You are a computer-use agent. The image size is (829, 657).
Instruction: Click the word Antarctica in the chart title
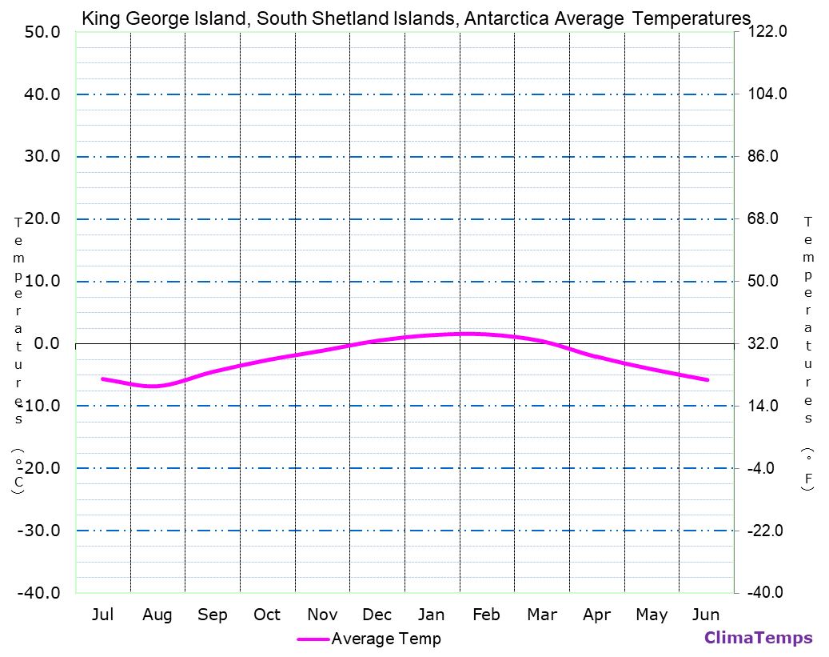(x=505, y=18)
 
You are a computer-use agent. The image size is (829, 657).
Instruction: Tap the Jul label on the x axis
(x=102, y=615)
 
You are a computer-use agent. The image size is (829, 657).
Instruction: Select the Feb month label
(x=486, y=615)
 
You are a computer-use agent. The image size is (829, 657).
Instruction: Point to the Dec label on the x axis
(x=377, y=615)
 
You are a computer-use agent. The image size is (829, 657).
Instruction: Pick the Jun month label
(x=705, y=615)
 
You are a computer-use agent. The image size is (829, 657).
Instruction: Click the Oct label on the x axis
(x=267, y=615)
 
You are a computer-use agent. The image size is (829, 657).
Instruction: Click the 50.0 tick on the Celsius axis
(x=42, y=32)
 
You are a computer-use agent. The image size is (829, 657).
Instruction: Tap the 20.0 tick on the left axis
(x=42, y=219)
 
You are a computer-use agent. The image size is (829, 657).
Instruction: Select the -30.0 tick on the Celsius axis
(x=40, y=531)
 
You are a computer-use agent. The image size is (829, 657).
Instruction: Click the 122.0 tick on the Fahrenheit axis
(x=767, y=32)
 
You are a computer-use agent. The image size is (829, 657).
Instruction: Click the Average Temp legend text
(x=386, y=639)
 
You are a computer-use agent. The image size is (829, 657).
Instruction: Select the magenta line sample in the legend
(x=313, y=639)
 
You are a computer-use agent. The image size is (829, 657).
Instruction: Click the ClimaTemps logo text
(x=758, y=638)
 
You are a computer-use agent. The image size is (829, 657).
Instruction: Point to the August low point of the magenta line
(x=152, y=387)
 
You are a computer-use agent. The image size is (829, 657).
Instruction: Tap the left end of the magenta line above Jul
(x=103, y=379)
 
